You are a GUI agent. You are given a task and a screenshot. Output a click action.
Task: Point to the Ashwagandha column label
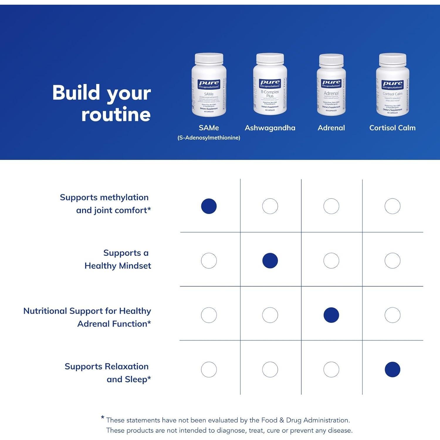click(x=270, y=128)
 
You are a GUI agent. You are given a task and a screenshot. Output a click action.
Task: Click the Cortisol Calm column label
click(x=392, y=128)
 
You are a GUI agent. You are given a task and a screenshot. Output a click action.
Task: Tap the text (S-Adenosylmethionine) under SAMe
click(x=209, y=138)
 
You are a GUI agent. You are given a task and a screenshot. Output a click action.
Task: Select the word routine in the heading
click(x=116, y=114)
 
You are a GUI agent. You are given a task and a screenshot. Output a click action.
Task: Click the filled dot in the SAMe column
click(x=209, y=206)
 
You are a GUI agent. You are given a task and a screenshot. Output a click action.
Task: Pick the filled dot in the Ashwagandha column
click(x=270, y=260)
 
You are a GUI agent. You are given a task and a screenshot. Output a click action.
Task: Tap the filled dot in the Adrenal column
click(x=331, y=315)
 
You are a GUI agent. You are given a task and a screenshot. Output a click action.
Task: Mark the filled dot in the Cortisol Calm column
click(x=392, y=369)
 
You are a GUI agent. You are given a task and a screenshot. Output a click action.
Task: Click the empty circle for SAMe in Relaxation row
click(x=209, y=369)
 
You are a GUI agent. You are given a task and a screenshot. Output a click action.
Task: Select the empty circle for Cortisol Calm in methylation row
click(x=392, y=206)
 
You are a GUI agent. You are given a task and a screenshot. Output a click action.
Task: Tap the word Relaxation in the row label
click(x=127, y=366)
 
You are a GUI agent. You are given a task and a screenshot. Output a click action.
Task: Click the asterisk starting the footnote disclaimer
click(x=102, y=417)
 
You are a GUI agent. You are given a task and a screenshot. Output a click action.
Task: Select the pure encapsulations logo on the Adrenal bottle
click(x=331, y=83)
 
